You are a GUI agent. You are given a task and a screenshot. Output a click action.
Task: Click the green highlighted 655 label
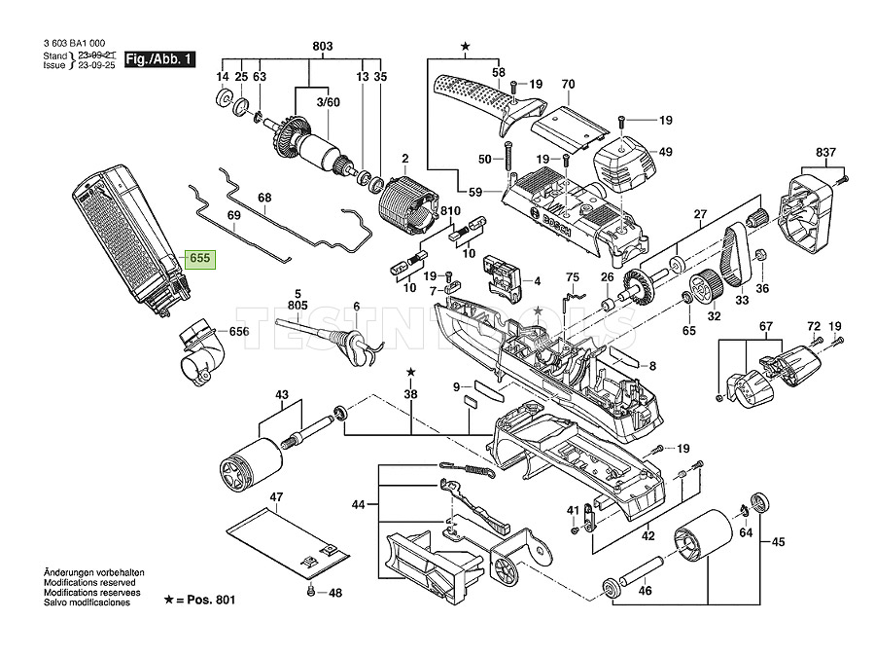tap(200, 259)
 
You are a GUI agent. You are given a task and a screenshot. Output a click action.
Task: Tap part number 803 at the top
tap(322, 46)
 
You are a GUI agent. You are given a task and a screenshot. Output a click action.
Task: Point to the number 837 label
tap(826, 153)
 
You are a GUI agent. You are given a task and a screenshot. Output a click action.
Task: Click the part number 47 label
tap(276, 497)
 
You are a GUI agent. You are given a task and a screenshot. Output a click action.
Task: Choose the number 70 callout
tap(569, 84)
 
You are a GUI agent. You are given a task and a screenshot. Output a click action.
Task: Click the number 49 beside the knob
tap(665, 152)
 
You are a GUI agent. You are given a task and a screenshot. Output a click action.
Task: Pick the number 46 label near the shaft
tap(645, 589)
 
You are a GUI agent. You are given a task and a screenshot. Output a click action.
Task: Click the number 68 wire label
tap(264, 199)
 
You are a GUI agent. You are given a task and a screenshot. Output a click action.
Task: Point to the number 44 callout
tap(358, 504)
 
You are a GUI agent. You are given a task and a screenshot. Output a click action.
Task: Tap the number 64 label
tap(746, 533)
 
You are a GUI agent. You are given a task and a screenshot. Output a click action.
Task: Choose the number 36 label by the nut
tap(762, 288)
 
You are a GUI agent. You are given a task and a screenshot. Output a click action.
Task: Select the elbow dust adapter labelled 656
tap(199, 349)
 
